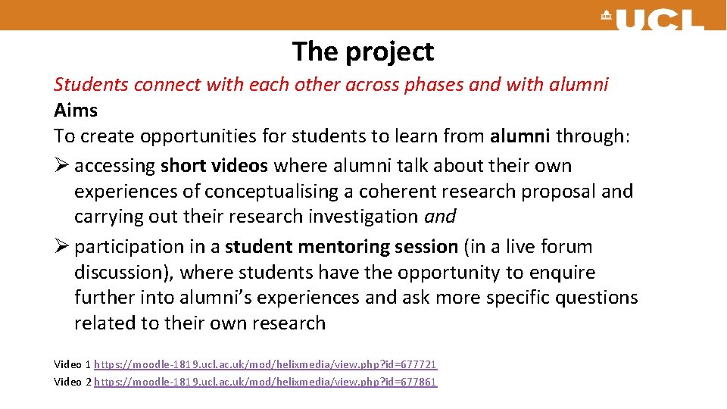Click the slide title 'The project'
coord(363,52)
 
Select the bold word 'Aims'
coord(76,111)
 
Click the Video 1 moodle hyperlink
coord(266,364)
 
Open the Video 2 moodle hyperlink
coord(266,382)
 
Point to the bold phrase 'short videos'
coord(214,166)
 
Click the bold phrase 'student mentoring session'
coord(342,247)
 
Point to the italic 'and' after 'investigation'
coord(440,217)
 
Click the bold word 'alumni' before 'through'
coord(520,136)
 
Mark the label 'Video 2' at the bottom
coord(72,382)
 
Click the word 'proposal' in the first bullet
coord(558,192)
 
